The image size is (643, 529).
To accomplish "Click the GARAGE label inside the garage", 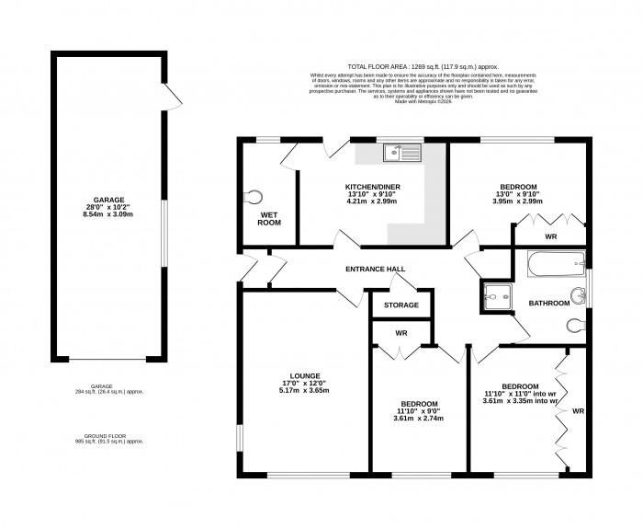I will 108,200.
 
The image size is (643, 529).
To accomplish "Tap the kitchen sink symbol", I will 403,153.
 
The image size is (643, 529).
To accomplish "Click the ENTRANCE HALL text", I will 374,270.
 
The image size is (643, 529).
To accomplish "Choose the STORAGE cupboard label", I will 401,305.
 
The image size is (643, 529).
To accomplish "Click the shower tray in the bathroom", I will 494,297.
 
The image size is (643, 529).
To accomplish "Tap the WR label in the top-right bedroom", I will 550,237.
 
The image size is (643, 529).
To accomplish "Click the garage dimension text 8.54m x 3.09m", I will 108,214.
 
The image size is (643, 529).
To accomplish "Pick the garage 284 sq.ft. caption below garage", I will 108,390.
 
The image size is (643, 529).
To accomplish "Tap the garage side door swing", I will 173,92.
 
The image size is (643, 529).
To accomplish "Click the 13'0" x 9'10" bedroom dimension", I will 519,193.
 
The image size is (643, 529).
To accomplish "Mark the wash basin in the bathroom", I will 579,296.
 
